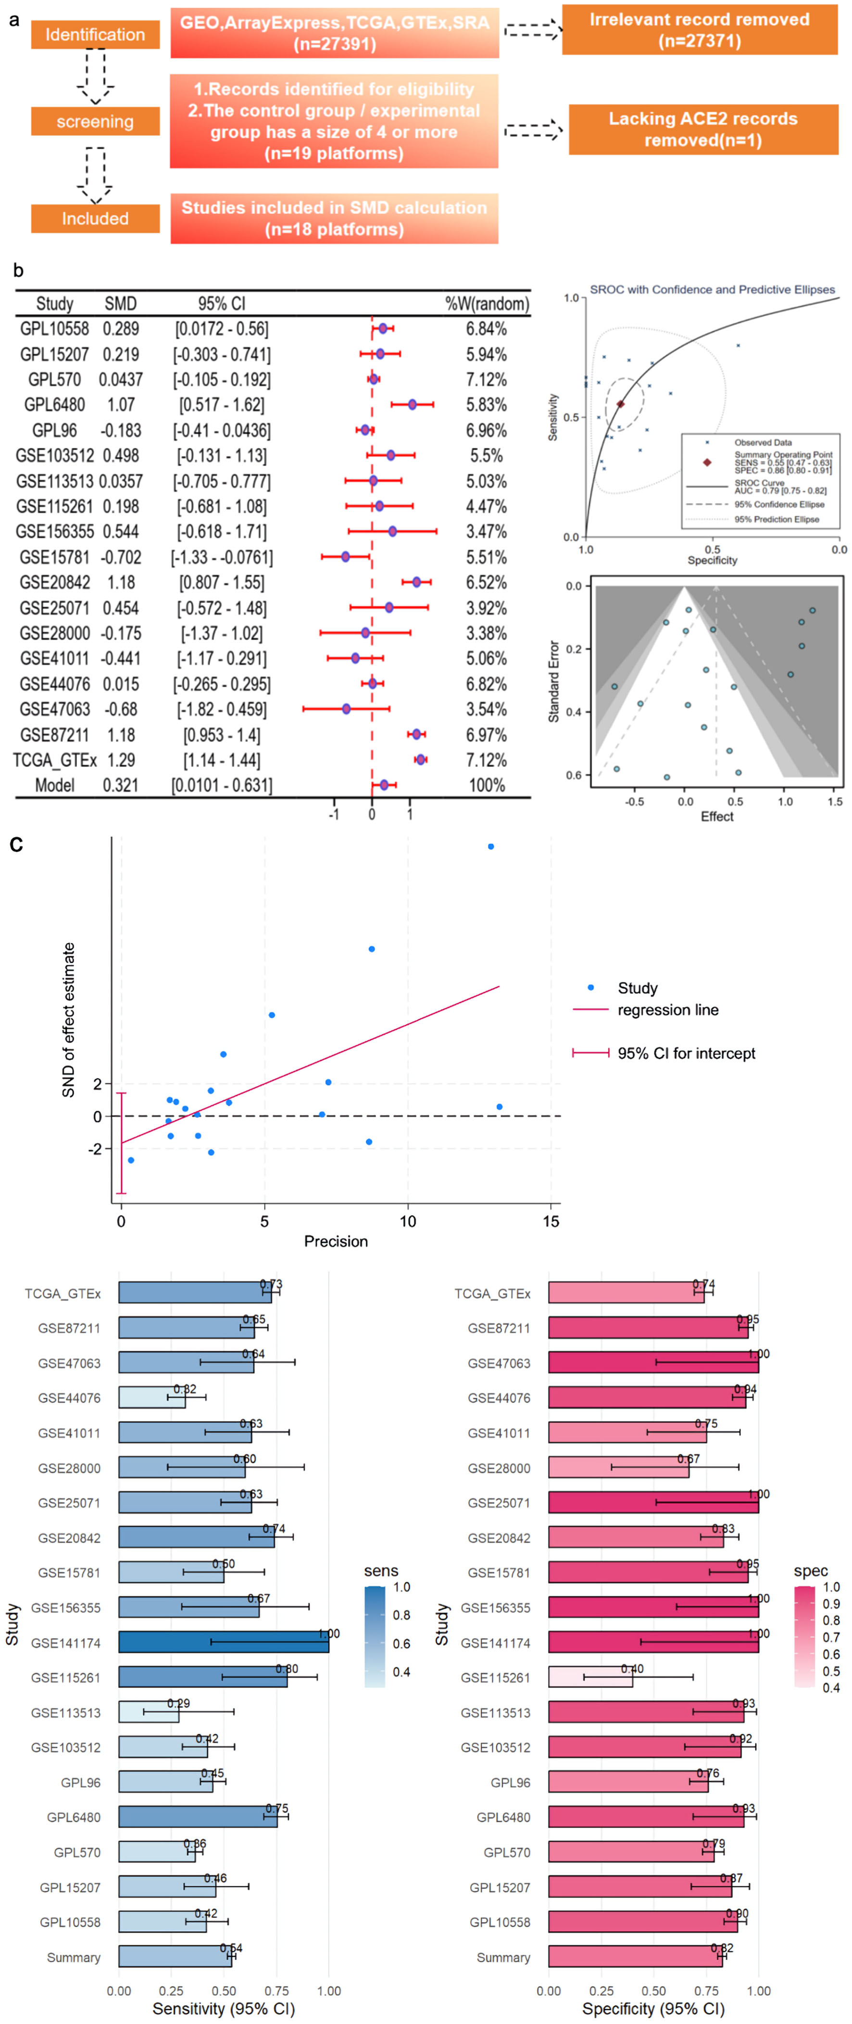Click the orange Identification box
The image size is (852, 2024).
[95, 35]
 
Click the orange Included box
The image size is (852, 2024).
[95, 218]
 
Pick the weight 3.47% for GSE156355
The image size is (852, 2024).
[486, 532]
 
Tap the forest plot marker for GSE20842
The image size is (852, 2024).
[416, 582]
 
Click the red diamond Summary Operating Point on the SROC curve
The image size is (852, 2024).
[620, 404]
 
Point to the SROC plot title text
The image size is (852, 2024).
[712, 289]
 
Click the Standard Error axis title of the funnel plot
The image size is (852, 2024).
[553, 681]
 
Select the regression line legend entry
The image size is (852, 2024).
[667, 1010]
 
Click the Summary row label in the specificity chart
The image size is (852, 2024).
[503, 1957]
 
